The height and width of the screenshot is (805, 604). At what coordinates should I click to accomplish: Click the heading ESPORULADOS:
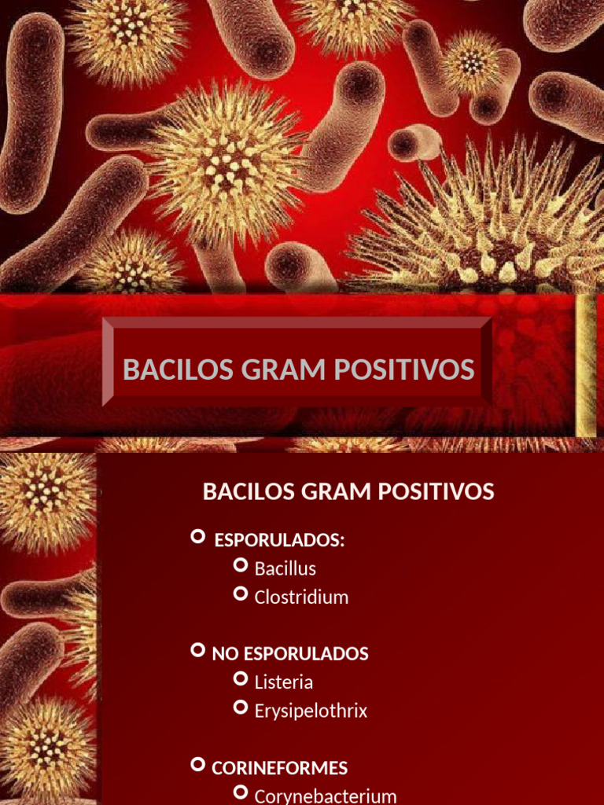(280, 541)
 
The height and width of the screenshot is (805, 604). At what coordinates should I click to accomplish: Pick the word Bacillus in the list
(285, 568)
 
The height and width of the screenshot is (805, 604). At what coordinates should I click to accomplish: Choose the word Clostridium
(301, 597)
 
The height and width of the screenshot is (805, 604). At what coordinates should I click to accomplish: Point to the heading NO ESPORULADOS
(290, 654)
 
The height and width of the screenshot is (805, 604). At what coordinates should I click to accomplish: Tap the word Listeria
(284, 682)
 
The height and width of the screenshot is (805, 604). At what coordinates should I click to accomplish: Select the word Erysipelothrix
(311, 711)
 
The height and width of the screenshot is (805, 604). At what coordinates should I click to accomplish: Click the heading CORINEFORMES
(280, 768)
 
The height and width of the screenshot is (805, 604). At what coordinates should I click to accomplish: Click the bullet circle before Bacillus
(241, 565)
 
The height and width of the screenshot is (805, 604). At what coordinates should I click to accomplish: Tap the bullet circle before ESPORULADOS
(198, 537)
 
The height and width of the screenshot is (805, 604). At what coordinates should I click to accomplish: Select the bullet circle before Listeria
(241, 678)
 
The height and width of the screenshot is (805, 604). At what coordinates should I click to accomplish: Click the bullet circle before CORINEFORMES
(198, 764)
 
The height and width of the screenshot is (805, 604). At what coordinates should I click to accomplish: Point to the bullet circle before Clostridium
(241, 594)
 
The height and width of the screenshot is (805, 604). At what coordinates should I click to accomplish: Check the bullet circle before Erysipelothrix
(241, 708)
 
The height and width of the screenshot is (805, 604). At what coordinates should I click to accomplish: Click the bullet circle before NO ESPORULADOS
(198, 650)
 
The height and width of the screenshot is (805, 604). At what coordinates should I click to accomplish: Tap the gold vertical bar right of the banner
(586, 366)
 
